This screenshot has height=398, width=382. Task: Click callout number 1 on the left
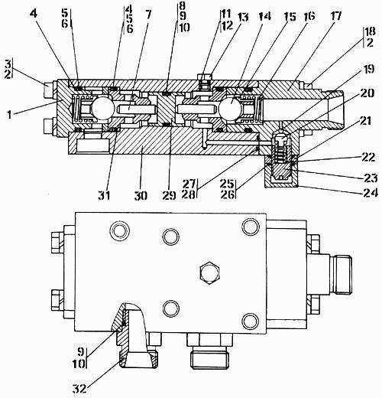(9, 115)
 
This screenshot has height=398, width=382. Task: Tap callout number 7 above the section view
(147, 15)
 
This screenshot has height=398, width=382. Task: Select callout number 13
(243, 18)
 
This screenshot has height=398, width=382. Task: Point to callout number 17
(335, 16)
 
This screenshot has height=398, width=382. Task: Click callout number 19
(368, 70)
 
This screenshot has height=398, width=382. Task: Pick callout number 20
(367, 93)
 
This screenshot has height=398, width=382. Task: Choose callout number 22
(368, 157)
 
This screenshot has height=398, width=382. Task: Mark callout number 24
(371, 193)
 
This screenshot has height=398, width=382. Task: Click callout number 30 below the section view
(141, 196)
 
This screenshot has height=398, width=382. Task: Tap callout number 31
(105, 196)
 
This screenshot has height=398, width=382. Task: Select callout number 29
(170, 196)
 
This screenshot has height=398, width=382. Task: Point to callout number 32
(79, 389)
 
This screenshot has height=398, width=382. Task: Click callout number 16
(309, 16)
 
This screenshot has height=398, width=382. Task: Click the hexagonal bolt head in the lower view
(210, 272)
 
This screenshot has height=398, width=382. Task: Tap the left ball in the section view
(102, 109)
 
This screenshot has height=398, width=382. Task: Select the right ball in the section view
(230, 109)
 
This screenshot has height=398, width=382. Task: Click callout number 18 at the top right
(370, 31)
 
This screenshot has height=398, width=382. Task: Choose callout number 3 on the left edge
(8, 64)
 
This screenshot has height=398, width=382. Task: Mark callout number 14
(265, 16)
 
